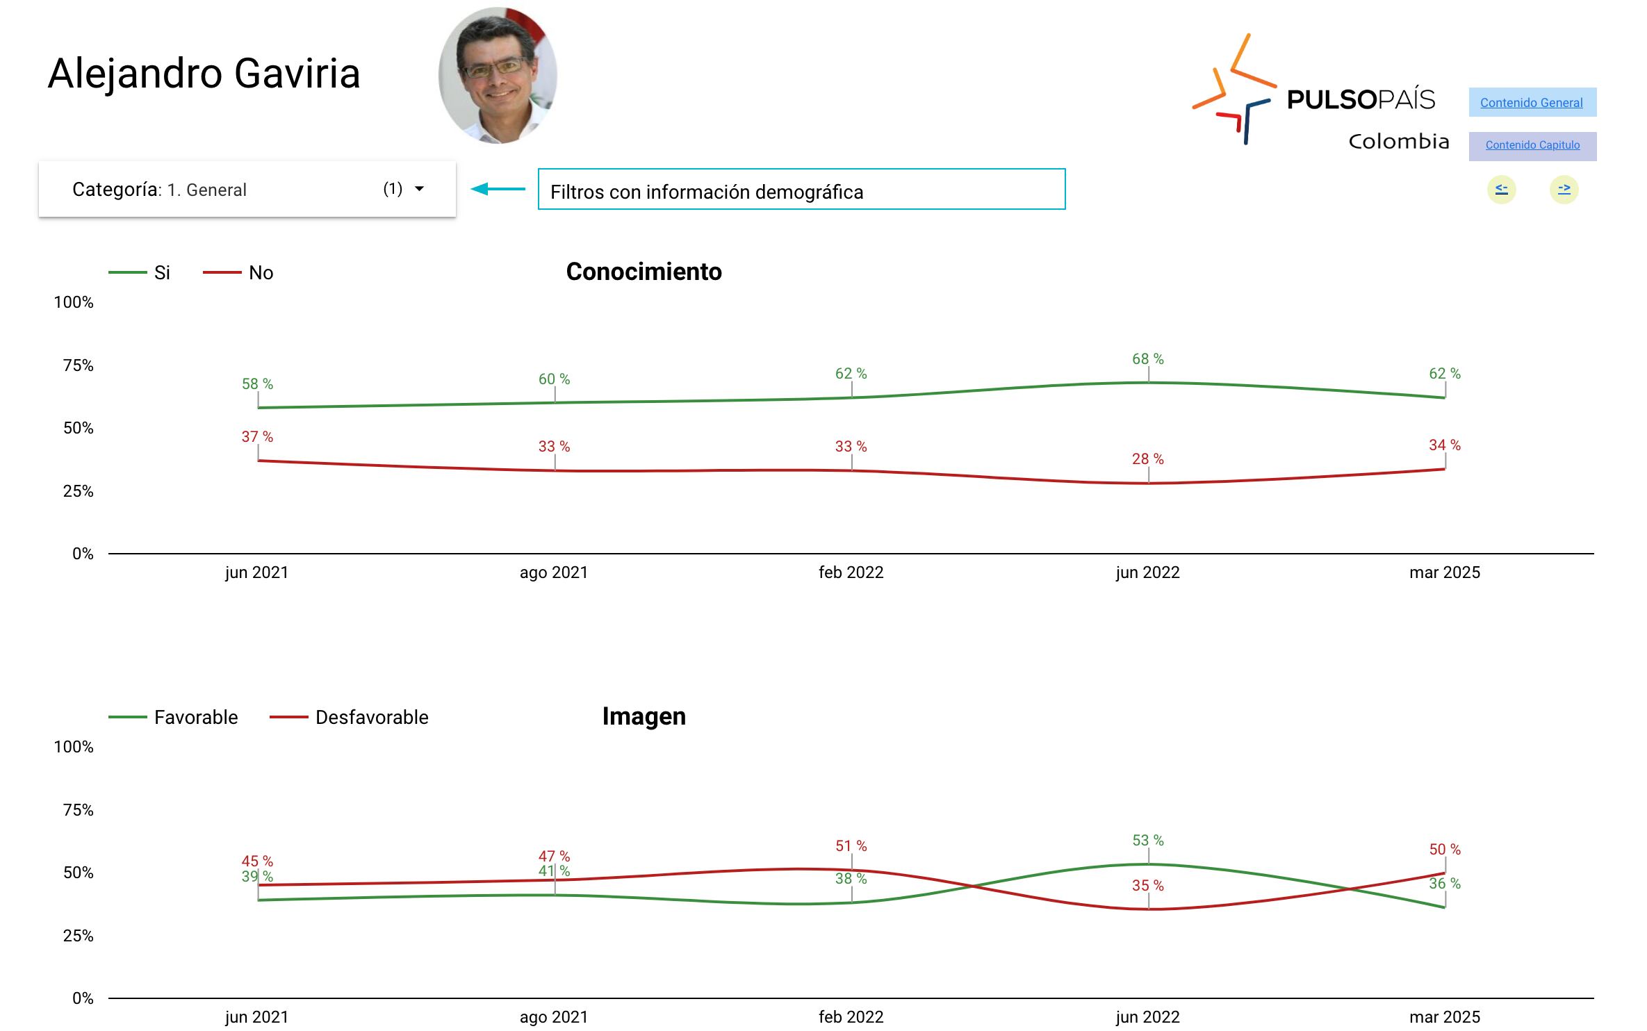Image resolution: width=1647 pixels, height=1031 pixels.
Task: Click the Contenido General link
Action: [1531, 103]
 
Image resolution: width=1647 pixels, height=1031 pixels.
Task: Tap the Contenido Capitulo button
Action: [1532, 145]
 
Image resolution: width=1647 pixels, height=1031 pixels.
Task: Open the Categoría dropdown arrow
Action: [419, 189]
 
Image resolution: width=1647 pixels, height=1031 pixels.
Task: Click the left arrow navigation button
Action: [1501, 189]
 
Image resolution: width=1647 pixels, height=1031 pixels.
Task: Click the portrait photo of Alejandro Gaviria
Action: [498, 75]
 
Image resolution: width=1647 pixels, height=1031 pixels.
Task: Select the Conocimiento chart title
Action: [644, 272]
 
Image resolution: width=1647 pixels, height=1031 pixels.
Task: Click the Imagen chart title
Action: [644, 716]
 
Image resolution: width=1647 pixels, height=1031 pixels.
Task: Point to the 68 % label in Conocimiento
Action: [1147, 359]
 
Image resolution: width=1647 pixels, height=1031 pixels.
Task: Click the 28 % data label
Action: [1147, 459]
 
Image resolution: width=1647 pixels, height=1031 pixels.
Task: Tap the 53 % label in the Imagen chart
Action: [1147, 841]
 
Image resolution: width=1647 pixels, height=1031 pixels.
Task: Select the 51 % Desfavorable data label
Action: [851, 846]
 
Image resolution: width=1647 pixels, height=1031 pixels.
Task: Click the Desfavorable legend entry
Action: [371, 717]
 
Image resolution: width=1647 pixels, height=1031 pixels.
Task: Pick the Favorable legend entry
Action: [195, 717]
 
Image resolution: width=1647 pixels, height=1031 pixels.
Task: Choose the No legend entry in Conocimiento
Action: [261, 272]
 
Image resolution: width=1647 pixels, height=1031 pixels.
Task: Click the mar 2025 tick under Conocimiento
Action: [1444, 572]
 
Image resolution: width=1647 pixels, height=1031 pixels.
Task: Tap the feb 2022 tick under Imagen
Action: [851, 1017]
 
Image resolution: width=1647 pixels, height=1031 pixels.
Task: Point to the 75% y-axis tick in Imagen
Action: [78, 810]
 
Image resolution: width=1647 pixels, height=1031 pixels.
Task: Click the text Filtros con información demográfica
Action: [707, 192]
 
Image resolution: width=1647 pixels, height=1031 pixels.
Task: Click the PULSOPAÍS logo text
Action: [1360, 100]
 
